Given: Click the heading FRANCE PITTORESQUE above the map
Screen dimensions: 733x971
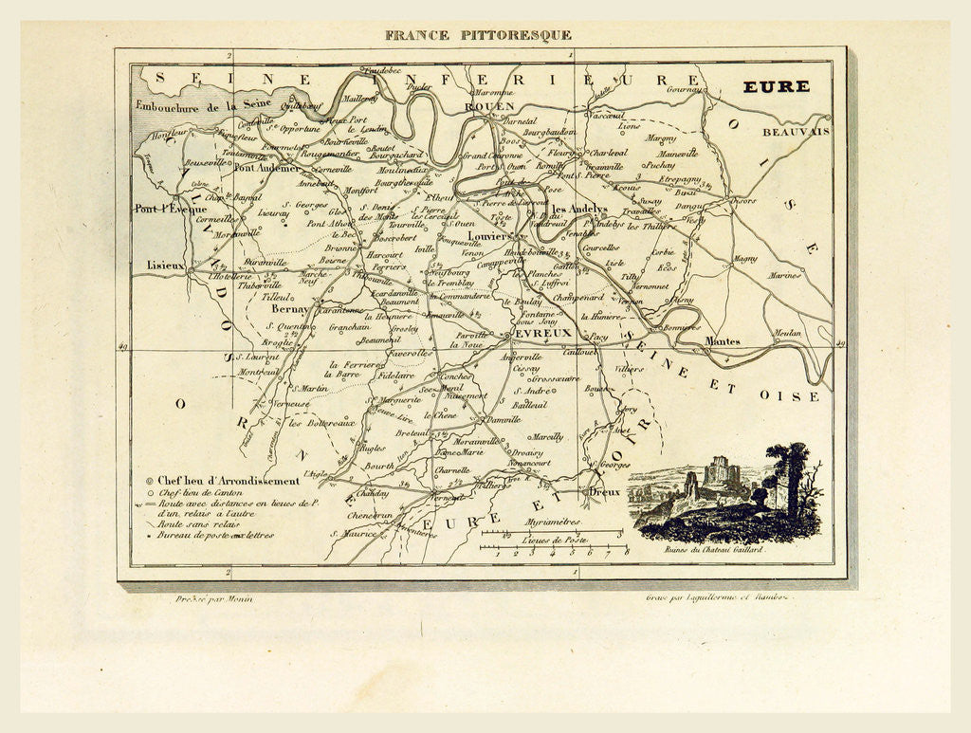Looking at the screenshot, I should (x=477, y=35).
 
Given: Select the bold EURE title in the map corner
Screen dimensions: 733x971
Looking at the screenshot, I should (x=776, y=87).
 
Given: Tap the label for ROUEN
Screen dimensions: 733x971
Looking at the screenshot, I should (x=489, y=107).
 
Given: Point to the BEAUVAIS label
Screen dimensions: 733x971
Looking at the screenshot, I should (x=795, y=132).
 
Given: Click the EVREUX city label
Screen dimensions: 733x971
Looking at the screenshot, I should (x=543, y=333).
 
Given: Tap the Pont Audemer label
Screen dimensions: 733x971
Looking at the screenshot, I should (x=266, y=168).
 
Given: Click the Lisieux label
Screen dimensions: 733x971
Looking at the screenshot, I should (x=165, y=266).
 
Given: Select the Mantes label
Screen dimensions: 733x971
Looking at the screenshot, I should (x=723, y=340).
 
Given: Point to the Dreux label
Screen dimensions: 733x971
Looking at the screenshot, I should (x=604, y=492).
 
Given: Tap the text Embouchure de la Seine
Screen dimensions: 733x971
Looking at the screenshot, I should (x=203, y=106).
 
